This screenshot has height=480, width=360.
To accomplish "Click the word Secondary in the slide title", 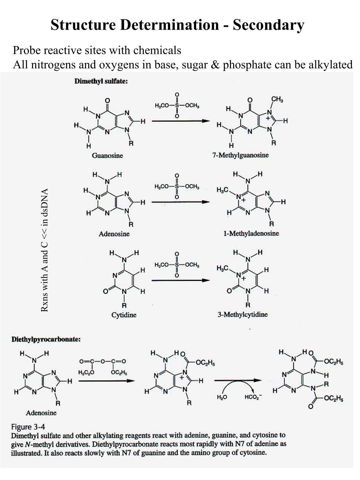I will point(268,25).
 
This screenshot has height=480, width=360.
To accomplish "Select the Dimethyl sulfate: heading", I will point(101,81).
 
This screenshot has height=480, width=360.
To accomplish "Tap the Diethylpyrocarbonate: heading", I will point(46,339).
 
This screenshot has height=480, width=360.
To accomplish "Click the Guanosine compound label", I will point(107,155).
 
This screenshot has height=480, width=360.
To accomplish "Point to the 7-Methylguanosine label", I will point(240,155).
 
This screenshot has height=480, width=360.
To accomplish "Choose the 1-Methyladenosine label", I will point(251,233).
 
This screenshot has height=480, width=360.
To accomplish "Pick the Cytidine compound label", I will point(124,315).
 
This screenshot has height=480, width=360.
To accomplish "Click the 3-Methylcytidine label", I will point(242,314).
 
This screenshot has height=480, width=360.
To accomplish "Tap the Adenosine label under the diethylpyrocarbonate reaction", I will point(41,413).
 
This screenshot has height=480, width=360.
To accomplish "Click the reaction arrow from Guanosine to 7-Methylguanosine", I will point(180,121).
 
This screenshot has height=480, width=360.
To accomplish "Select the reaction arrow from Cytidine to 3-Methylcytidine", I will point(180,280).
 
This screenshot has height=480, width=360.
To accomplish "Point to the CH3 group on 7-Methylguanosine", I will point(277,100).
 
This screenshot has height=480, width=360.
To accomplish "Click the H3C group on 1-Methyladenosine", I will point(223,190).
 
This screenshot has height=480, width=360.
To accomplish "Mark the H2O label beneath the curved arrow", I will point(222,397).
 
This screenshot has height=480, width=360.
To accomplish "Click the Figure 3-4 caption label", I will point(28,427).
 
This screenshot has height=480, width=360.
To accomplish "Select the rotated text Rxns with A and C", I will point(44,250).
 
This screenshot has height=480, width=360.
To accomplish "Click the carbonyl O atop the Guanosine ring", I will point(107,100).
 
